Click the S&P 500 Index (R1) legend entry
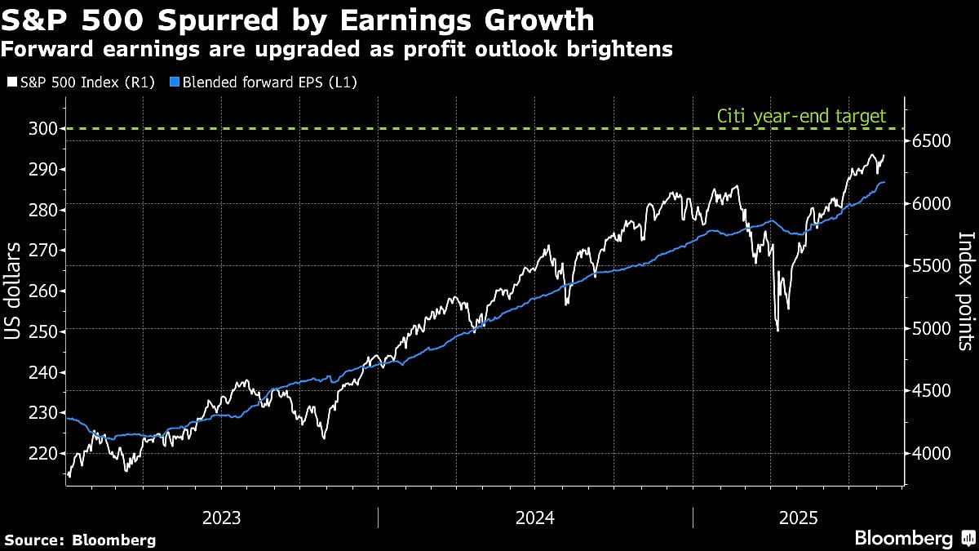tap(85, 82)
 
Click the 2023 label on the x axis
tap(221, 518)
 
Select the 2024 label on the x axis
tap(534, 518)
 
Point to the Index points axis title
tap(965, 291)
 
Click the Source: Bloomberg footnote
tap(80, 540)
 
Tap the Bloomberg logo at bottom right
tap(914, 538)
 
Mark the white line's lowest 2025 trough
tap(777, 331)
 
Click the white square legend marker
tap(11, 82)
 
